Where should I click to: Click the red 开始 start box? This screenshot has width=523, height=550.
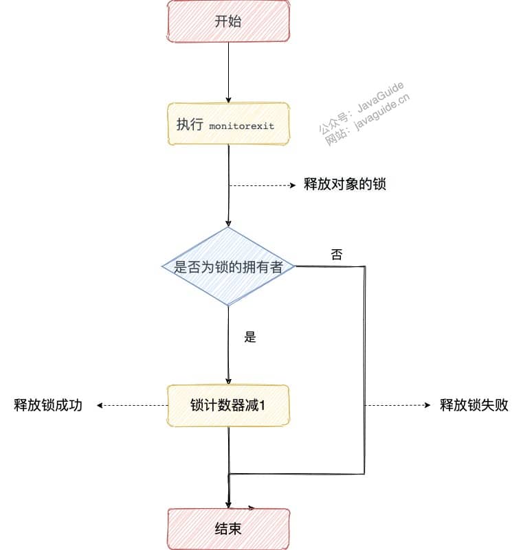click(x=228, y=21)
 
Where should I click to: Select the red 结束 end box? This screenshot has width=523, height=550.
click(x=228, y=529)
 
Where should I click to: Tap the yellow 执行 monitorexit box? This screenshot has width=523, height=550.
click(x=228, y=124)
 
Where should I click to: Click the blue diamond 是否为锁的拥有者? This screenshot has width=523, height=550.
click(x=228, y=266)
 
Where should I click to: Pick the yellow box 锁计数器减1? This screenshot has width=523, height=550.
click(x=228, y=406)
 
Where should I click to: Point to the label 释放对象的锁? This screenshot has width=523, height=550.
click(x=345, y=184)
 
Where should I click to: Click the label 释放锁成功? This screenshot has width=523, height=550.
click(x=48, y=405)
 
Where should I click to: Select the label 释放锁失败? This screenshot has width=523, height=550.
click(x=474, y=405)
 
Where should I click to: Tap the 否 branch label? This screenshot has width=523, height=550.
click(x=336, y=254)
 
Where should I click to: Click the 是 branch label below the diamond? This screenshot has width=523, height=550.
click(x=250, y=337)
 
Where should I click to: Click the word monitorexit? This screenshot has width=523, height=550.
click(x=241, y=126)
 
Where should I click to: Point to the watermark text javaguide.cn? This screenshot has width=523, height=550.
click(x=381, y=112)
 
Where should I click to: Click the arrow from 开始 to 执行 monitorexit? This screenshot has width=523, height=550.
click(x=228, y=73)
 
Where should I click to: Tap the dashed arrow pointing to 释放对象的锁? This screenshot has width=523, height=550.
click(x=263, y=185)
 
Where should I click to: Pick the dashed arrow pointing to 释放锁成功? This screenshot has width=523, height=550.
click(x=132, y=406)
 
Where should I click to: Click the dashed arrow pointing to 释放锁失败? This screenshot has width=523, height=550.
click(x=397, y=406)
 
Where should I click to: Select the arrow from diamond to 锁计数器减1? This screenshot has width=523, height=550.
click(x=228, y=345)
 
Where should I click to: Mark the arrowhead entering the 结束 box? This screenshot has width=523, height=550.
click(x=228, y=505)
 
